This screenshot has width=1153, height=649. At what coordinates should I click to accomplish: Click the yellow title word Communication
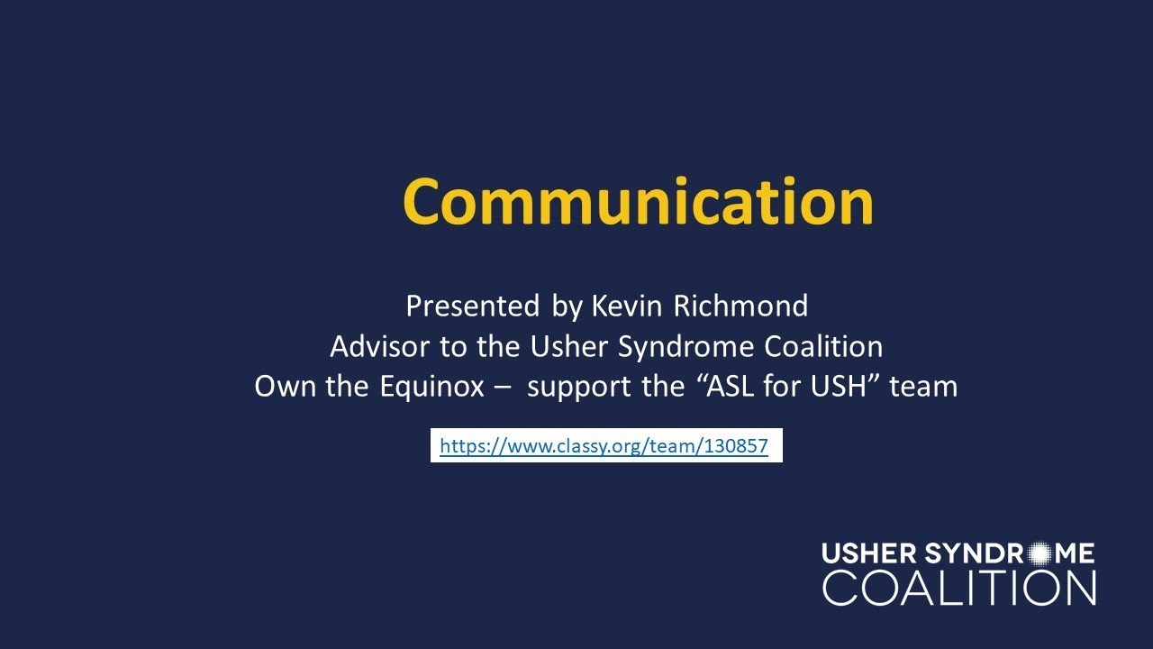point(637,201)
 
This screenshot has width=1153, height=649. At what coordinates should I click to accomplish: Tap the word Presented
point(472,306)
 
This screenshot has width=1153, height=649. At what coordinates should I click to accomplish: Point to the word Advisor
point(379,347)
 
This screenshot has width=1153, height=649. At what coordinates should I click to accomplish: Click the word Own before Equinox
point(281,387)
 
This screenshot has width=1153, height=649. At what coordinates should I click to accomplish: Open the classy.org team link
point(604,445)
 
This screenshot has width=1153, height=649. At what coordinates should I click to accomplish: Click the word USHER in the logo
point(869,553)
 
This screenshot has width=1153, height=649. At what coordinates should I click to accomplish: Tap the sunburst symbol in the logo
point(1040,553)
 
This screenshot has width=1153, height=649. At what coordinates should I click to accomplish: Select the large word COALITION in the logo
point(958,587)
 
